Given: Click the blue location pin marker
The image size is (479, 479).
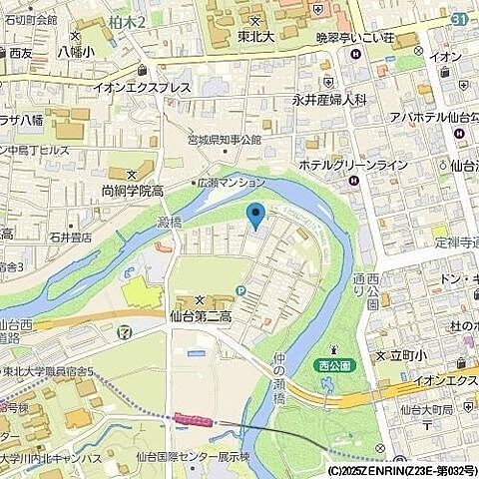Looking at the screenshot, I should click(x=255, y=214).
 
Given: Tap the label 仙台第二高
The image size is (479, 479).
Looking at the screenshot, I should click(x=201, y=315).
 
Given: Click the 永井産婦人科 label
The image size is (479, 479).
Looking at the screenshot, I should click(x=329, y=100).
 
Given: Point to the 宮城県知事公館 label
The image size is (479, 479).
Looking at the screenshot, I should click(x=225, y=140).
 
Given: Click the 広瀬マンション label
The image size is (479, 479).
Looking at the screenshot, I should click(x=233, y=183).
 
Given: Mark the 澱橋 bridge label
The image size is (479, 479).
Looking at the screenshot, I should click(x=170, y=222).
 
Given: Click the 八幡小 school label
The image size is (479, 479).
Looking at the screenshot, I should click(x=76, y=51).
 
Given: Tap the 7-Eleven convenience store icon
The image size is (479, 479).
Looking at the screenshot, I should click(x=123, y=330).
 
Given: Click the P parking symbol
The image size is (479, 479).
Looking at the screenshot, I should click(x=240, y=290).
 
